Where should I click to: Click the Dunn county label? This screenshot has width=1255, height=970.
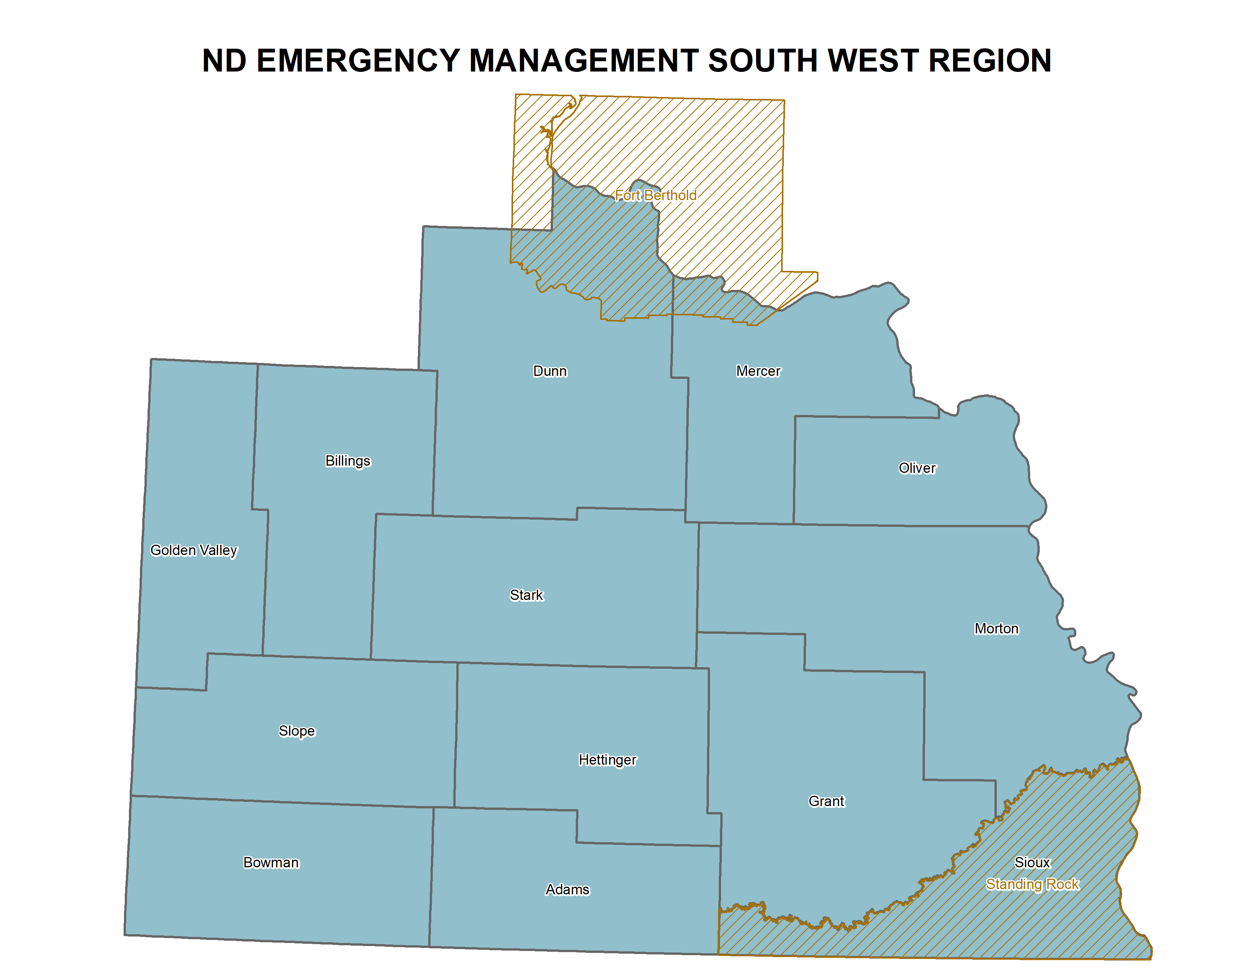(x=550, y=371)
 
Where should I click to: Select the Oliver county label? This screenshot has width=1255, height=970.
(x=917, y=468)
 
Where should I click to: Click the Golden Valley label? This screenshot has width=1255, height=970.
(x=194, y=550)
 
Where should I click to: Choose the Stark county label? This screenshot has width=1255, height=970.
(x=526, y=595)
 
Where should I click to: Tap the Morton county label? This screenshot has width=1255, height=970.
(x=996, y=629)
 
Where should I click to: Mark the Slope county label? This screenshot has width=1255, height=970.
(x=297, y=731)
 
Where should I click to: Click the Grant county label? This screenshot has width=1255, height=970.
(x=826, y=801)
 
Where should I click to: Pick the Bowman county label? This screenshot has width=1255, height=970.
(x=271, y=863)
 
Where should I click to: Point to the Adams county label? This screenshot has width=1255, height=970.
(x=567, y=890)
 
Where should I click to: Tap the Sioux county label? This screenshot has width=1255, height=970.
(x=1032, y=863)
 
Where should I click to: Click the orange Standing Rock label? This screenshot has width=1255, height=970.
(x=1033, y=884)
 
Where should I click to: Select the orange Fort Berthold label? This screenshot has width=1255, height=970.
(x=656, y=196)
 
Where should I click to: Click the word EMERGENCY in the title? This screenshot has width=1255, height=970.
(x=358, y=61)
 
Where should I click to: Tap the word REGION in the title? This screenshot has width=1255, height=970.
(x=990, y=61)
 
